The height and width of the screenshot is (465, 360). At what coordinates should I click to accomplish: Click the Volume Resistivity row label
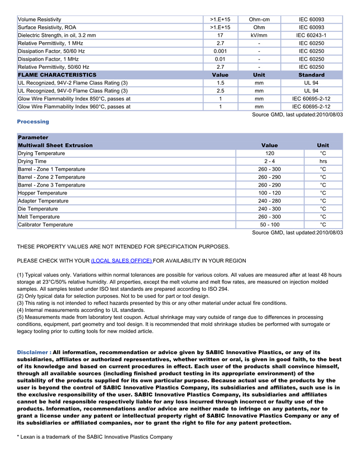[x=39, y=20]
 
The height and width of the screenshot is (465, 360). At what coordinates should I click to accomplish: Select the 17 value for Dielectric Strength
[x=220, y=35]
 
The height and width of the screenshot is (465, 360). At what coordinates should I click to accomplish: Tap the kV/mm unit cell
[x=259, y=35]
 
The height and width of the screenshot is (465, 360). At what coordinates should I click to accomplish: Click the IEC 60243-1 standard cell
[x=311, y=35]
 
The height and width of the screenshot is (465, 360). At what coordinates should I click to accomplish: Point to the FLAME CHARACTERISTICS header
[x=57, y=75]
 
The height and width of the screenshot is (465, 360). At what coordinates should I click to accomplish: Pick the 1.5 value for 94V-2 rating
[x=220, y=83]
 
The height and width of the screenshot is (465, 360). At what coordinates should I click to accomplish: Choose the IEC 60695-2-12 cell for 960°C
[x=311, y=107]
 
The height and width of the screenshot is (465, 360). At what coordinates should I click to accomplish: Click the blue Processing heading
[x=33, y=122]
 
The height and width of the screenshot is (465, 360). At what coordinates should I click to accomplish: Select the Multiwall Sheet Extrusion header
[x=56, y=145]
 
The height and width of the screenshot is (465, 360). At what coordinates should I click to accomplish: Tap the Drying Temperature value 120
[x=269, y=154]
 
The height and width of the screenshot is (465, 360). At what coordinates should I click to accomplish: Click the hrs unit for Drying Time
[x=323, y=161]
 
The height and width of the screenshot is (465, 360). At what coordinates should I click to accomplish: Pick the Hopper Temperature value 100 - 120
[x=269, y=193]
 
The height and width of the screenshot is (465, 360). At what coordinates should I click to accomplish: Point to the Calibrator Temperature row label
[x=45, y=225]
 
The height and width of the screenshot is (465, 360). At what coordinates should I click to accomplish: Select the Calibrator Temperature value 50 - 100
[x=269, y=225]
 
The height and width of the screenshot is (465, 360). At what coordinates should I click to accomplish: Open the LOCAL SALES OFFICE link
[x=121, y=261]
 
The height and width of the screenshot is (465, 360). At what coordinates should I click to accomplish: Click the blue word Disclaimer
[x=32, y=352]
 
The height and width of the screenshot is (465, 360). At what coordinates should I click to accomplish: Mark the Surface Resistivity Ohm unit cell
[x=259, y=27]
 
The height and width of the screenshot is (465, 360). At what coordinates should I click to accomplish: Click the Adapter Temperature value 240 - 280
[x=269, y=201]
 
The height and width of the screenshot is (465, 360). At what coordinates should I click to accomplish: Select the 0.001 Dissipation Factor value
[x=220, y=51]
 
